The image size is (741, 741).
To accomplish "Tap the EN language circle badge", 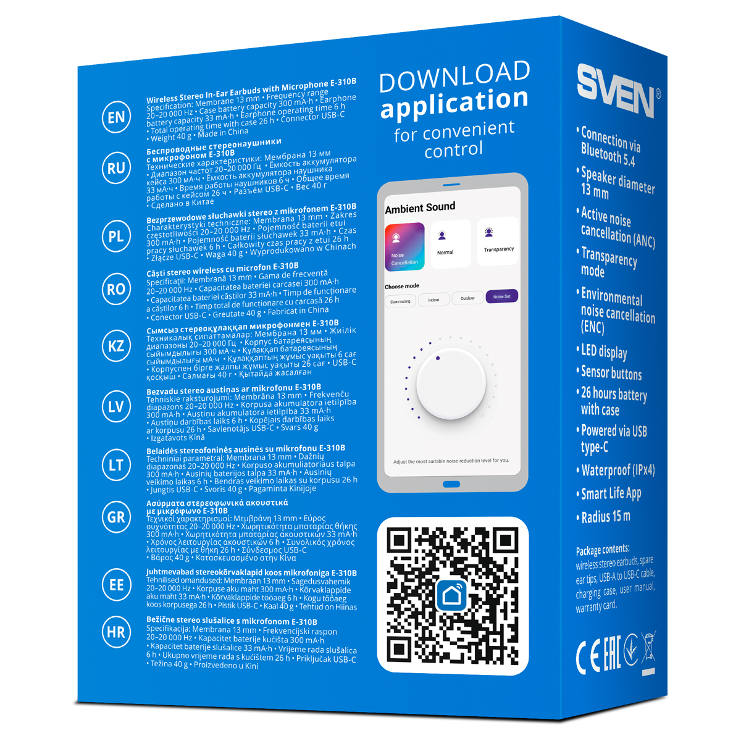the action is [116, 117].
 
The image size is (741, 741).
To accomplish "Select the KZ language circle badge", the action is [116, 346].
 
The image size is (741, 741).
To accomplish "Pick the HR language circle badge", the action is [116, 632].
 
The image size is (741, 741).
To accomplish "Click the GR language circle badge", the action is [116, 517].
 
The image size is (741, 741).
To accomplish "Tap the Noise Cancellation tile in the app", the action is [404, 247].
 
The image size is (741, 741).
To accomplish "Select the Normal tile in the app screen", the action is [451, 244].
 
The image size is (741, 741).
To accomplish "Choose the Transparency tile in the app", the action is [498, 241].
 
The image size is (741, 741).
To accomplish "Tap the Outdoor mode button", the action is [467, 298].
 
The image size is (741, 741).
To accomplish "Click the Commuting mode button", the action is [400, 301].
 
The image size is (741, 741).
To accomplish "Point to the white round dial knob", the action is [451, 383].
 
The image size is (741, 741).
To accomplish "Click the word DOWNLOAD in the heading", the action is [454, 77].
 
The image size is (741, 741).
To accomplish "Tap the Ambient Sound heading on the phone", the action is [420, 207].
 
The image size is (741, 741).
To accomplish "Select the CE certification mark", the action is [588, 658].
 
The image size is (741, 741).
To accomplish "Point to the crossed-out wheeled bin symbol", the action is [648, 652].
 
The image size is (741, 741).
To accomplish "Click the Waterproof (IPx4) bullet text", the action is [617, 471].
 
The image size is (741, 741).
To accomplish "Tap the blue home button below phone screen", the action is [451, 484].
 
